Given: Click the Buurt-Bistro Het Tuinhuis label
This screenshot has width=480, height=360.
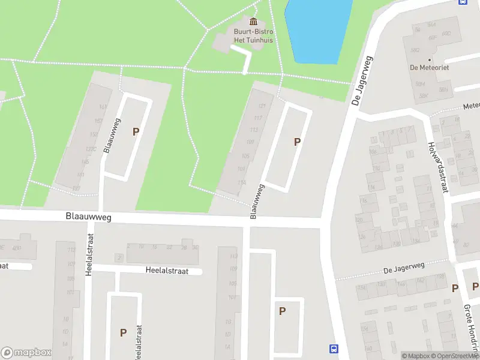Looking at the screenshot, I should pyautogui.click(x=253, y=35).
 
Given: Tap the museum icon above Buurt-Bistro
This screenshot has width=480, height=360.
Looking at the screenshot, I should pyautogui.click(x=253, y=22).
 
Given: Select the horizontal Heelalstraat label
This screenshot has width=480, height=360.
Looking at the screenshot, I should pyautogui.click(x=167, y=271).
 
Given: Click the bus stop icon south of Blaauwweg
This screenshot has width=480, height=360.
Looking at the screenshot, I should pyautogui.click(x=334, y=349).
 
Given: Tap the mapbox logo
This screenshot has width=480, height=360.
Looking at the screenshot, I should pyautogui.click(x=26, y=353).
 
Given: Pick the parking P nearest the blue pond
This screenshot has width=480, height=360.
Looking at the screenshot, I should pyautogui.click(x=296, y=142).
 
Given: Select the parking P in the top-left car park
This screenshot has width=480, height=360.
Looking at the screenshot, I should pyautogui.click(x=136, y=131).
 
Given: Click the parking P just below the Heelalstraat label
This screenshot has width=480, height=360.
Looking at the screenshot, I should pyautogui.click(x=123, y=332).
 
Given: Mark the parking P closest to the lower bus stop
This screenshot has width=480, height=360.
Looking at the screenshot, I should pyautogui.click(x=281, y=311).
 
